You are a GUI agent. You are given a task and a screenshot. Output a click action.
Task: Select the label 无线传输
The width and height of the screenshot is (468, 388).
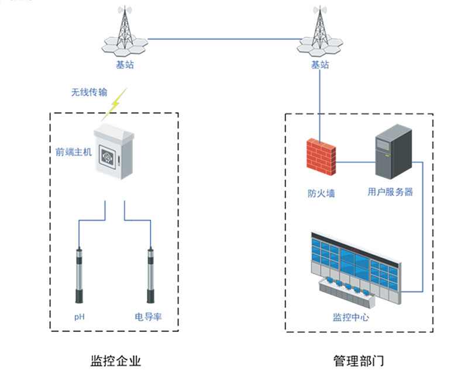pyautogui.click(x=90, y=92)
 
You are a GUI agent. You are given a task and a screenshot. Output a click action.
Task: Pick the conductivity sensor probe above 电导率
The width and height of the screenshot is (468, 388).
pyautogui.click(x=151, y=275)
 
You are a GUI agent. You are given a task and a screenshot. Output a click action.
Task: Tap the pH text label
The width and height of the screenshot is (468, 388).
pyautogui.click(x=80, y=317)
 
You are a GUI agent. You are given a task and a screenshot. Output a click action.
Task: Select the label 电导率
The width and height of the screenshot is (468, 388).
pyautogui.click(x=149, y=317)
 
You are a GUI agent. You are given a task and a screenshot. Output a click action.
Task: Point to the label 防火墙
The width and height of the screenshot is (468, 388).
pyautogui.click(x=321, y=193)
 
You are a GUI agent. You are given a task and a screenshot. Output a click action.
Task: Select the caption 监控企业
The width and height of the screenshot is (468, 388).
pyautogui.click(x=116, y=361)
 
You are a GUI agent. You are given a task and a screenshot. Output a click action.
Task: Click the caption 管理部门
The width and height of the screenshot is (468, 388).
pyautogui.click(x=359, y=361)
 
